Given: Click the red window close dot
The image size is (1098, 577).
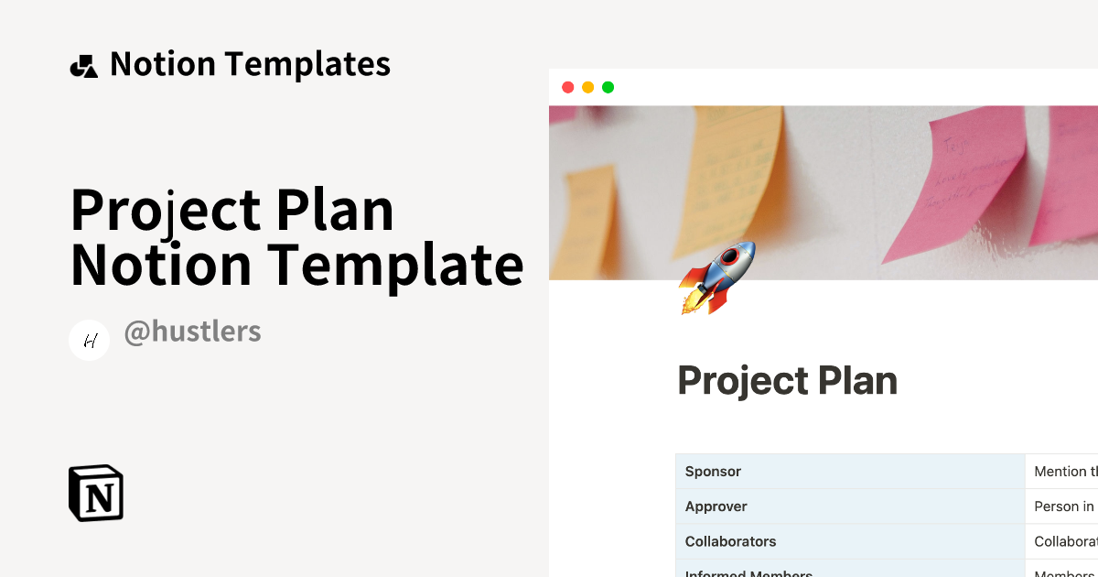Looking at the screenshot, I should pos(567,87).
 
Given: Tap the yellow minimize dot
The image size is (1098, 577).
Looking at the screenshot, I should pos(587,87).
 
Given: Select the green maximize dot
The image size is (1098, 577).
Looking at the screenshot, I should pos(608,87).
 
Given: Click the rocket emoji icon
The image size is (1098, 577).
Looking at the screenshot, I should pos(717,277).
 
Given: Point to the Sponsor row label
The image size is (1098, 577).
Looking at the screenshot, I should pos(713,472).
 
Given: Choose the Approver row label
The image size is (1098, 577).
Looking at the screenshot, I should pos(716,506).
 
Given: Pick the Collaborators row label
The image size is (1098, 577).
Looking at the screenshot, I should pos(730,541).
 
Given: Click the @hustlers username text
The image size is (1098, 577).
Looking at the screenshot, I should pos(192,332).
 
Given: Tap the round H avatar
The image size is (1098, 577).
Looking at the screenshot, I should pos(90,341).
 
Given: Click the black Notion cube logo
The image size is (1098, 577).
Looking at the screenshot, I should pos(96,493).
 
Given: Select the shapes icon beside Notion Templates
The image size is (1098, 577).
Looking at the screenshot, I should pos(83,66).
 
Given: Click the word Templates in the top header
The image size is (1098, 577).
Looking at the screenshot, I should pos(307,64).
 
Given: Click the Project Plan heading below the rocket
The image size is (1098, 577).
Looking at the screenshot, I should pos(787,381).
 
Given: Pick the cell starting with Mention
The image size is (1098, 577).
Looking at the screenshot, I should pos(1061,472).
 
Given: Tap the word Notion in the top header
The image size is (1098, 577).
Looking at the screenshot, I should pos(163,64).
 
